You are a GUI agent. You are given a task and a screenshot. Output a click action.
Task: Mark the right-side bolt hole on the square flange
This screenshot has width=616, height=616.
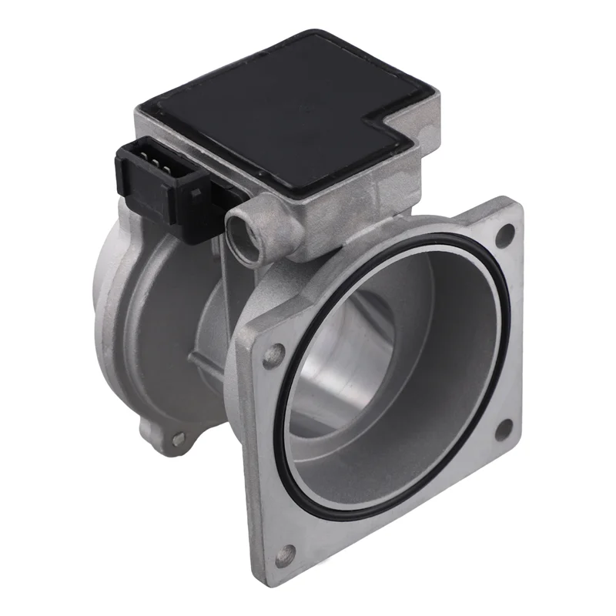(504, 428)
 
